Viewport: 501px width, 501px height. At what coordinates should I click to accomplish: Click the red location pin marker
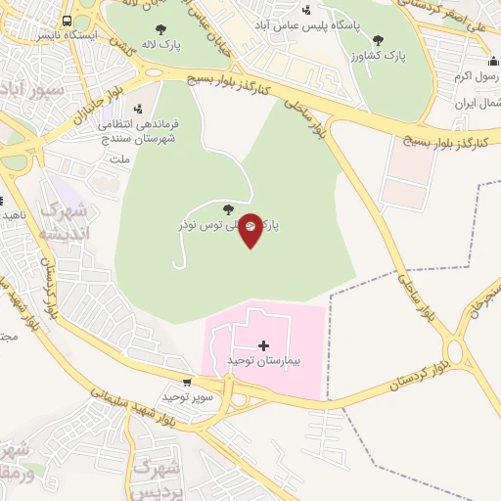(x=251, y=229)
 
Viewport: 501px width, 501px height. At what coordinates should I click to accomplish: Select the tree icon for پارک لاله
(x=160, y=29)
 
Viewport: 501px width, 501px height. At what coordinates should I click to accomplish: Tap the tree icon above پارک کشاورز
(x=378, y=40)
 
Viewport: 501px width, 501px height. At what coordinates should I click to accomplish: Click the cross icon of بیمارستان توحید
(x=264, y=344)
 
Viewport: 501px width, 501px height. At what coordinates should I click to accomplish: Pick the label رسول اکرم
(x=477, y=75)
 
